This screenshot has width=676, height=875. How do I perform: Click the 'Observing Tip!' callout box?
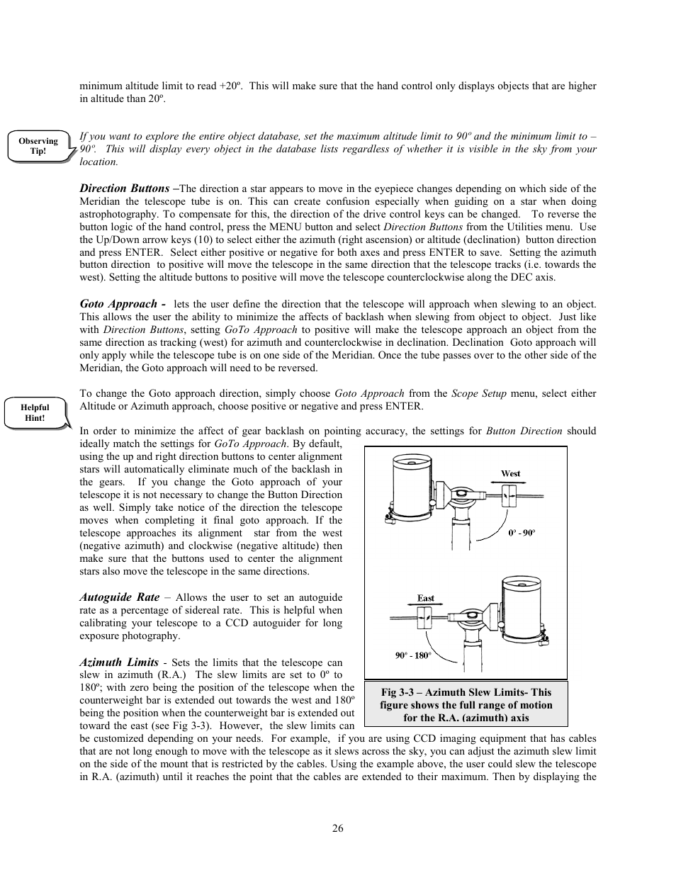38,147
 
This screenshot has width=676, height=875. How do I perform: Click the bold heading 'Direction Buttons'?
124,188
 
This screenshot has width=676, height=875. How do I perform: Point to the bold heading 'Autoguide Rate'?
119,597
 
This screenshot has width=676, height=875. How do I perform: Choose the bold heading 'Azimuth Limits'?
118,662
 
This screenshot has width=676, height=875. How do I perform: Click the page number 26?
337,828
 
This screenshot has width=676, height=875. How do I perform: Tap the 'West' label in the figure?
510,473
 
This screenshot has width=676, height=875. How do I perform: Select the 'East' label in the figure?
425,598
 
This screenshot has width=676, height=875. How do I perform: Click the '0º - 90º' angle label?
521,532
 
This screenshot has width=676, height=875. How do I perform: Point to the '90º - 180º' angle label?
413,655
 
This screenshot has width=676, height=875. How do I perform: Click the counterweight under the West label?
507,495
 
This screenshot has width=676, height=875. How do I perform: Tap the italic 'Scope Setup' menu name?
474,393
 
